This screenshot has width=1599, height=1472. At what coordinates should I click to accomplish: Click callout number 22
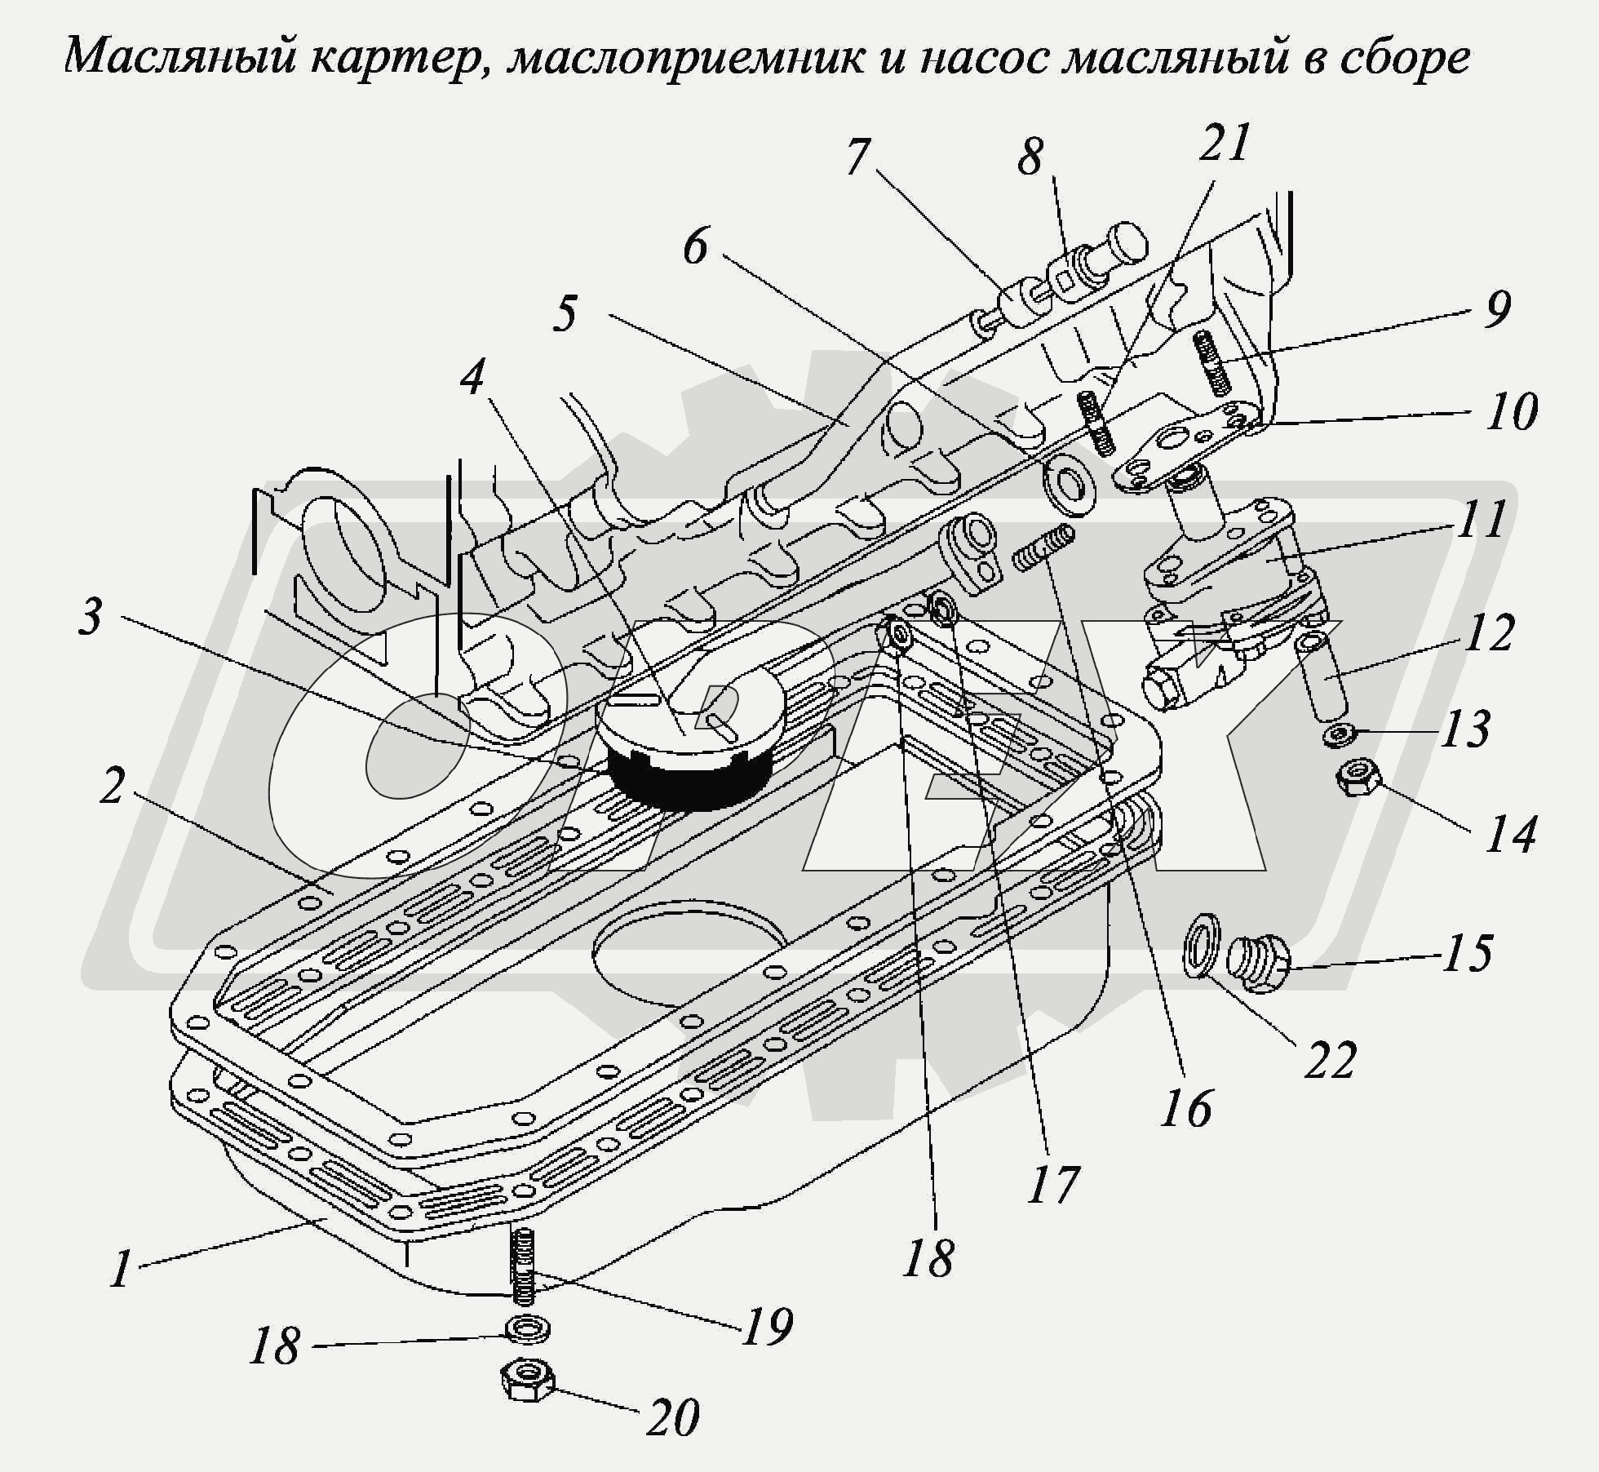1330,1059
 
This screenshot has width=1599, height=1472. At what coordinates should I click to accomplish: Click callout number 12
1490,632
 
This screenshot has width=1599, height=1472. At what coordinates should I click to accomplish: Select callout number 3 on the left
90,616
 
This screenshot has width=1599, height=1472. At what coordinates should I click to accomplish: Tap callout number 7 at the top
856,157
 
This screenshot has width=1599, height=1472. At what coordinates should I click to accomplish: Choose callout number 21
1226,144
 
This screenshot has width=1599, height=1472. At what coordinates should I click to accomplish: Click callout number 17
1053,1184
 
